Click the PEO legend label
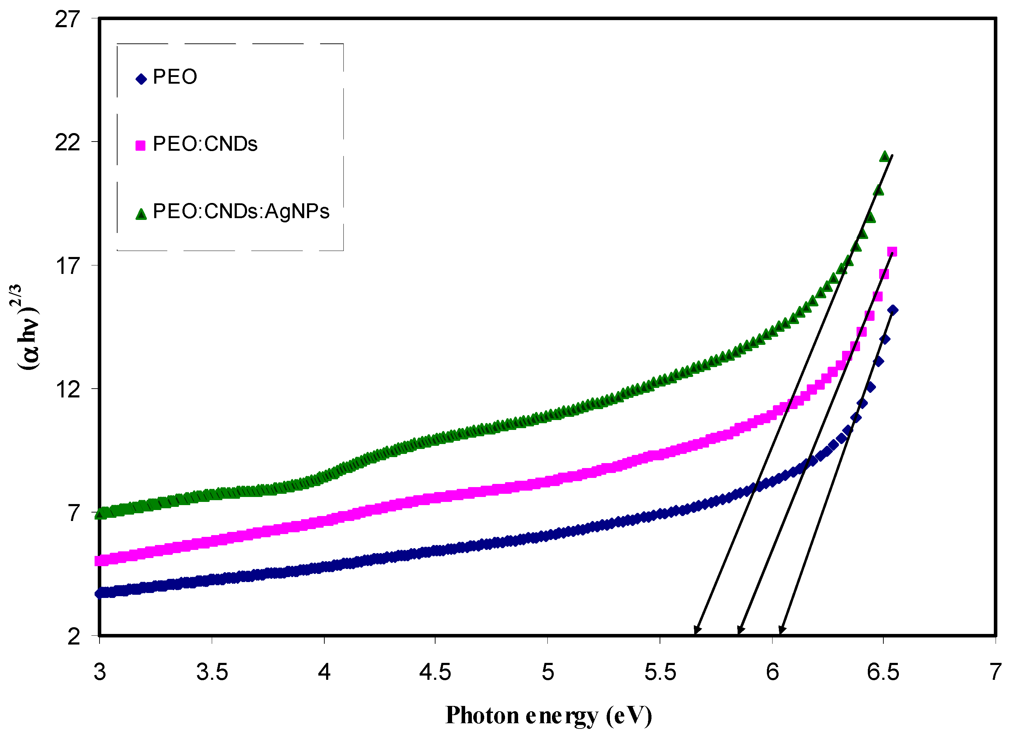coord(174,77)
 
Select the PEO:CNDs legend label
coord(205,144)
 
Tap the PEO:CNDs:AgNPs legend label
coord(241,211)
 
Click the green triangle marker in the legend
coord(141,214)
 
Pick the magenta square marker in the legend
coord(140,145)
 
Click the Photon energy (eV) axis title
coord(549,715)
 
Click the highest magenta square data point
coord(892,252)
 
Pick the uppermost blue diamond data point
coord(893,310)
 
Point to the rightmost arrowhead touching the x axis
coord(781,630)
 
